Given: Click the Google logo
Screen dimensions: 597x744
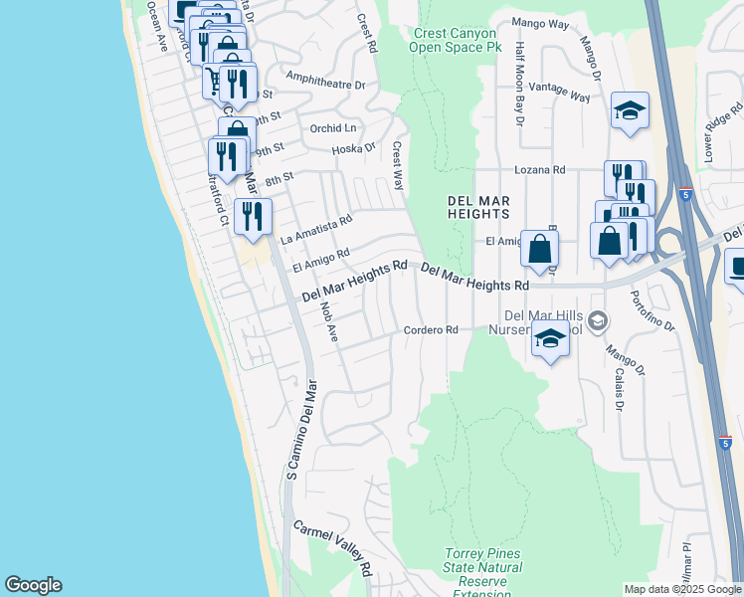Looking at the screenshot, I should pyautogui.click(x=33, y=585).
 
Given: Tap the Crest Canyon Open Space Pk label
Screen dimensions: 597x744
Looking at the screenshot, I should pyautogui.click(x=455, y=40).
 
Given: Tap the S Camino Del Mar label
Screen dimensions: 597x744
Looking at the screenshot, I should pyautogui.click(x=301, y=429).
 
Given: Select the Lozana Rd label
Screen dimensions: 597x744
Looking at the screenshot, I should pyautogui.click(x=540, y=170).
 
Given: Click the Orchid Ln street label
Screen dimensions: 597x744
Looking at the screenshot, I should pyautogui.click(x=333, y=128).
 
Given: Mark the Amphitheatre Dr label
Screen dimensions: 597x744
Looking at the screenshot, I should pyautogui.click(x=325, y=80).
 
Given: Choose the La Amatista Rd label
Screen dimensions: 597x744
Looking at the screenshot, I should pyautogui.click(x=316, y=230).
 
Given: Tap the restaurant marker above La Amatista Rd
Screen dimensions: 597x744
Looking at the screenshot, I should pyautogui.click(x=254, y=214).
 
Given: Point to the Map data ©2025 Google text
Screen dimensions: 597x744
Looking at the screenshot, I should pyautogui.click(x=681, y=589).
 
